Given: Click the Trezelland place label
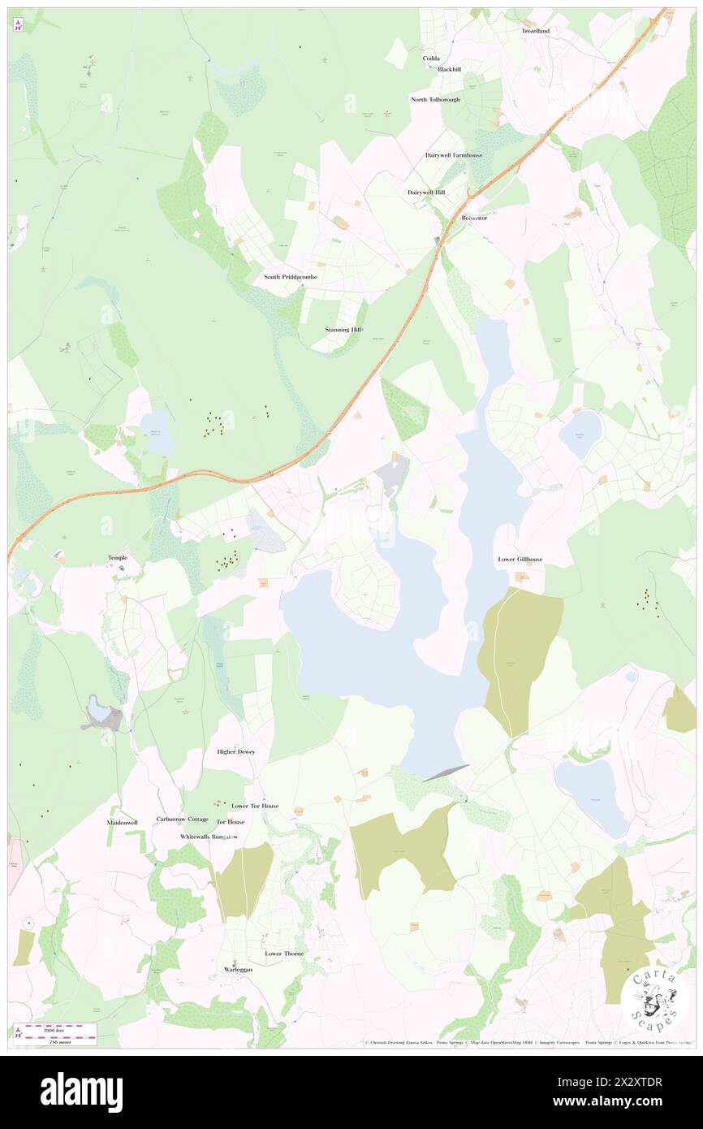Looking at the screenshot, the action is (535, 31).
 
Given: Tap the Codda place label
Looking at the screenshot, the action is (430, 58).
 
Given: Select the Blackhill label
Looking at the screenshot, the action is (449, 70).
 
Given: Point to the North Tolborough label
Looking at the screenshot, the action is (435, 100).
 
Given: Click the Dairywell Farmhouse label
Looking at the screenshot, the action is (454, 155).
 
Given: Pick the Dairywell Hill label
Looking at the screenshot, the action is (426, 192).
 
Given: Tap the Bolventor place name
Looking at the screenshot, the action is (474, 218).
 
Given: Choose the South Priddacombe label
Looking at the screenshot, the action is (291, 277).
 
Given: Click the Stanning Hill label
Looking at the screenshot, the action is (343, 330).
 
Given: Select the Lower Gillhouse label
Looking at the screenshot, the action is (520, 560).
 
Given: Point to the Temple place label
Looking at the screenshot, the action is (118, 558).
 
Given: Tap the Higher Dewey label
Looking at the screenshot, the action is (236, 752).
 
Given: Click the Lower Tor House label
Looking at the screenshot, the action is (255, 807).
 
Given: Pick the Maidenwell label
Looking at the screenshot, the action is (123, 822).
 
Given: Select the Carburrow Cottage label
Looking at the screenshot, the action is (183, 820).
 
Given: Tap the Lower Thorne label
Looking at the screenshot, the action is (284, 954).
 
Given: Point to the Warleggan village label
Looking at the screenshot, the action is (239, 970).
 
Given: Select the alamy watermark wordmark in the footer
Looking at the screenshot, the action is (82, 1092).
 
